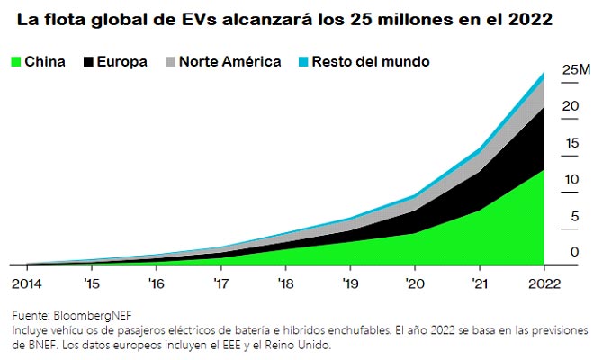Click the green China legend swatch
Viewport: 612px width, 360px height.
click(15, 62)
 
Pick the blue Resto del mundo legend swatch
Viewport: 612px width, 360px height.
click(303, 62)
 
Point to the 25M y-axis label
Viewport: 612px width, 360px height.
click(576, 69)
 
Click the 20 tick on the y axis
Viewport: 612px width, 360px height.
click(571, 106)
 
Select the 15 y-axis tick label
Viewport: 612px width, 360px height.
click(571, 143)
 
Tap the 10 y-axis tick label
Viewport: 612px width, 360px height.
click(571, 180)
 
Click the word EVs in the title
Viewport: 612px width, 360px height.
click(197, 18)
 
